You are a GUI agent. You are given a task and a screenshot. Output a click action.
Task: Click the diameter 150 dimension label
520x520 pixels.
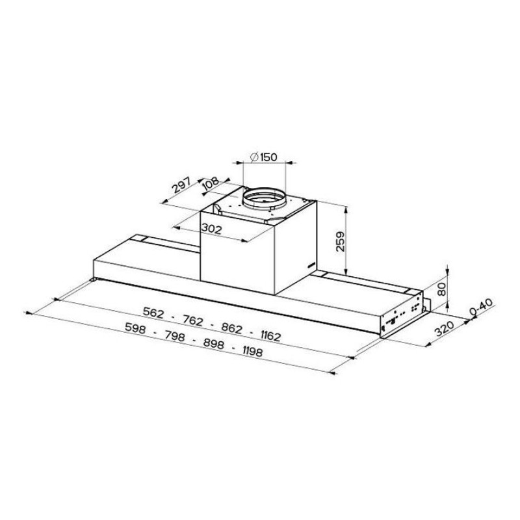tap(264, 157)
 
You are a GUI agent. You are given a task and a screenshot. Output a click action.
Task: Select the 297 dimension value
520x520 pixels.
tap(181, 185)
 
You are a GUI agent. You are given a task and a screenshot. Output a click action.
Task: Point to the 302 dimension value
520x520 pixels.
tap(212, 228)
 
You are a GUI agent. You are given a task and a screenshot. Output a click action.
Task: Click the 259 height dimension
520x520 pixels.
tap(341, 241)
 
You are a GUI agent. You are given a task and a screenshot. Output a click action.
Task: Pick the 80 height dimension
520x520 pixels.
tap(441, 289)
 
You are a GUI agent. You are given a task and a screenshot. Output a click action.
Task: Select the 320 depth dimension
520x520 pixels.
tap(445, 328)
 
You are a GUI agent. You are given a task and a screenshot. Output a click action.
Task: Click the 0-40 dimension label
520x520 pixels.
tap(481, 307)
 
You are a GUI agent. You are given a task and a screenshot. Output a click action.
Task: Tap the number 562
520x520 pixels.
tap(153, 313)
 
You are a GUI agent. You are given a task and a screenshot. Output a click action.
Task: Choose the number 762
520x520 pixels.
tap(192, 320)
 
